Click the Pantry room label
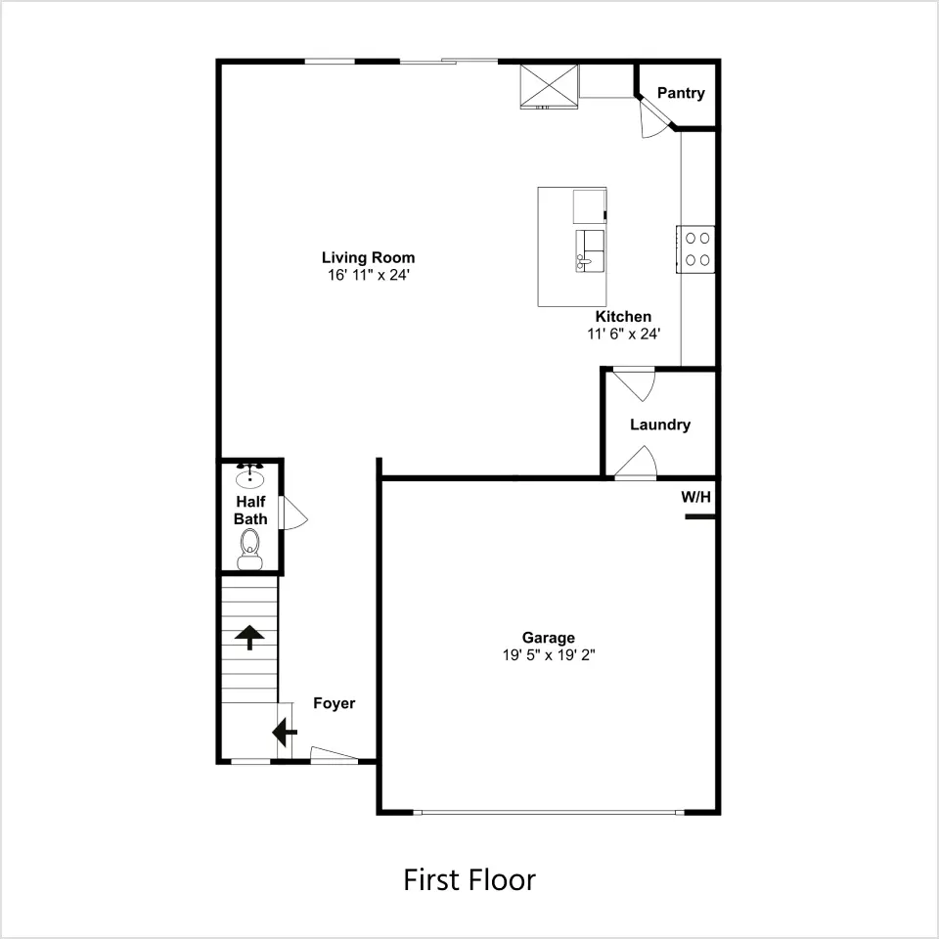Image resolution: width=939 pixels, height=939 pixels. tap(681, 94)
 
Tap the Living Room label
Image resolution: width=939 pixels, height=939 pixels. tap(369, 257)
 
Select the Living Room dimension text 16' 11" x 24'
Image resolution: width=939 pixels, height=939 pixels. tap(369, 275)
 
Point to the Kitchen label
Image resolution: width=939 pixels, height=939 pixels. tap(623, 317)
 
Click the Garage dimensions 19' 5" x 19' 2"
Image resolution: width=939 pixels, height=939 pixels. tap(549, 655)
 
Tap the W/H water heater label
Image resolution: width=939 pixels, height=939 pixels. tap(695, 497)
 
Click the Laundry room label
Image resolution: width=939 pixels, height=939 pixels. tap(660, 425)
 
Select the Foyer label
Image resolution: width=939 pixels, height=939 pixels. tap(335, 703)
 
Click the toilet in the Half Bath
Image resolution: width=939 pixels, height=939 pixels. tap(249, 549)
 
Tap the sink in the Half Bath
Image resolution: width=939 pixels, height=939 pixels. tap(249, 476)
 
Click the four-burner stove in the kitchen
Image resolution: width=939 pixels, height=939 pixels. tap(695, 249)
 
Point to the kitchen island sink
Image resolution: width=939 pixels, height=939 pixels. tap(590, 251)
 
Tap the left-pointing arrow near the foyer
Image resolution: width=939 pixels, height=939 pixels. tap(285, 732)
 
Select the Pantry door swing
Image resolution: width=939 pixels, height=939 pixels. tap(654, 119)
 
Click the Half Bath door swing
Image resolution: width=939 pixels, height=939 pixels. tap(294, 514)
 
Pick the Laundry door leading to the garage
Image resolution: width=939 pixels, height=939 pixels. tap(636, 463)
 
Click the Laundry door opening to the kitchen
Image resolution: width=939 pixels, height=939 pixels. tap(634, 383)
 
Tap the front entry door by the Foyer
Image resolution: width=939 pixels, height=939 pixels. tap(335, 754)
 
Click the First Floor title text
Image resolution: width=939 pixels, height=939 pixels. tap(469, 879)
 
